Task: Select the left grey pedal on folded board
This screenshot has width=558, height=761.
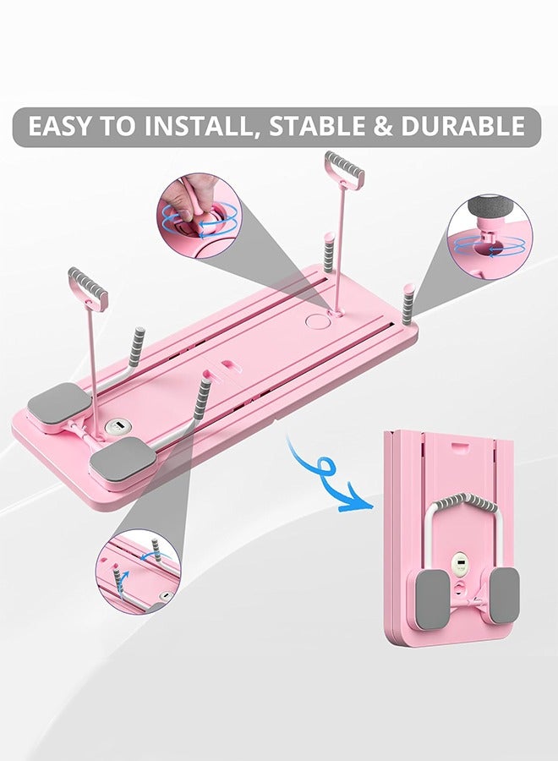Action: pyautogui.click(x=431, y=596)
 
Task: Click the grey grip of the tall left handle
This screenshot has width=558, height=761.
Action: pyautogui.click(x=88, y=287)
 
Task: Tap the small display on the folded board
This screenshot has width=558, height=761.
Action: pyautogui.click(x=462, y=564)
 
